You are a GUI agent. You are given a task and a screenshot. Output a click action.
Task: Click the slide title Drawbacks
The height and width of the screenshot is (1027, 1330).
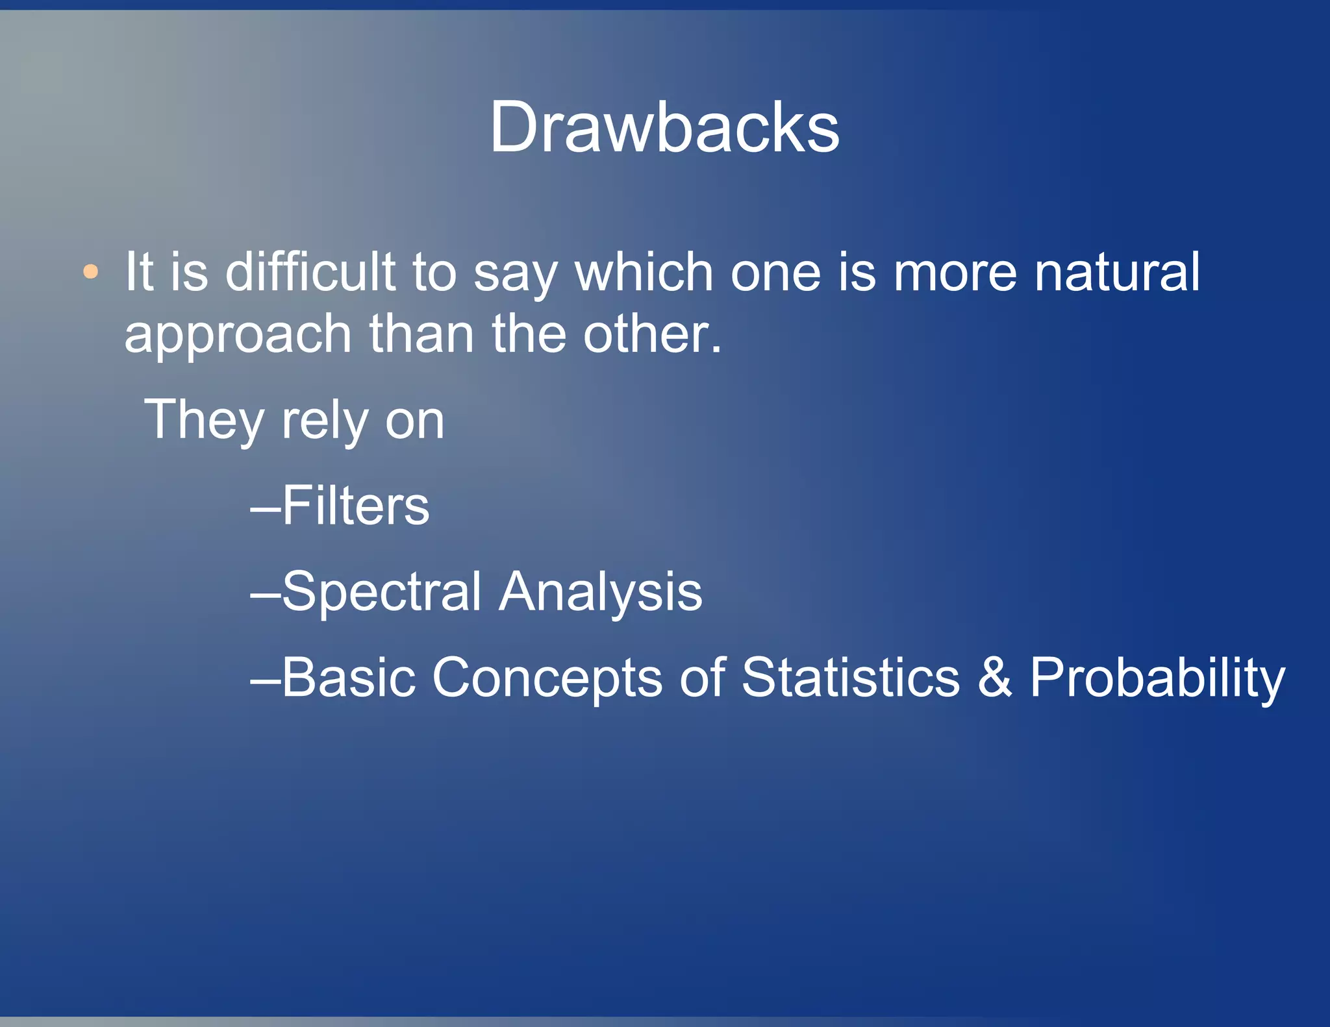(664, 127)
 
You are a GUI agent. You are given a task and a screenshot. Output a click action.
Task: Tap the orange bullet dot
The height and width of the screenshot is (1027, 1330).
(91, 271)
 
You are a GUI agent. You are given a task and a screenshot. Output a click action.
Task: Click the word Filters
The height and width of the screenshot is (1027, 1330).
(355, 506)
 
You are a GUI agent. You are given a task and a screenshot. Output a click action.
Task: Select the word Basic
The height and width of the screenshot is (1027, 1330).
(348, 678)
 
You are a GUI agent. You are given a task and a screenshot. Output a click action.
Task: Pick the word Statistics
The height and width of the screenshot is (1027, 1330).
(850, 678)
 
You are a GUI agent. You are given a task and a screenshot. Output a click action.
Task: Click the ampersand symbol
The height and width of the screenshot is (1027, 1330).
(994, 678)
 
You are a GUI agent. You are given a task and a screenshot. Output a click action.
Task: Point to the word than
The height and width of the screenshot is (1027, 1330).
(422, 334)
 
